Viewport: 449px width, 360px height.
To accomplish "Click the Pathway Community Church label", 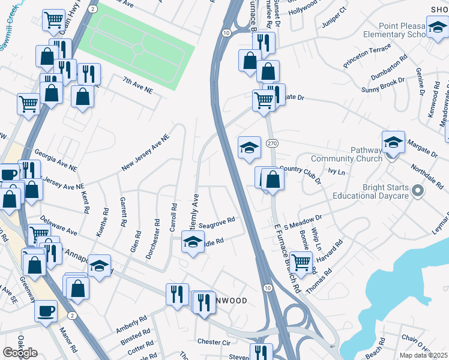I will click(x=346, y=155).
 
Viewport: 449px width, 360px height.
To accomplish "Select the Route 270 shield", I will click(x=272, y=143).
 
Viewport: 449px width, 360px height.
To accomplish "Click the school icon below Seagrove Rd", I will click(x=192, y=242).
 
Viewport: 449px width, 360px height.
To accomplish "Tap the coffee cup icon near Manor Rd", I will click(x=46, y=311).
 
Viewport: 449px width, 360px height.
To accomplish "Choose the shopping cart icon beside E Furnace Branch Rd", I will click(x=300, y=260).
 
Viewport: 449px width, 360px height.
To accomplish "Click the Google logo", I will click(x=20, y=352).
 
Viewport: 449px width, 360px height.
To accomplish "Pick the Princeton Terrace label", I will click(x=367, y=55).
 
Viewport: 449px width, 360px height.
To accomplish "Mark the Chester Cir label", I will click(x=214, y=341).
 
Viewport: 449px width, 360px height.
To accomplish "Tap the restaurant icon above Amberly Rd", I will click(x=177, y=294).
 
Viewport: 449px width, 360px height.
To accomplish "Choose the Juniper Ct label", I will click(x=336, y=17).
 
